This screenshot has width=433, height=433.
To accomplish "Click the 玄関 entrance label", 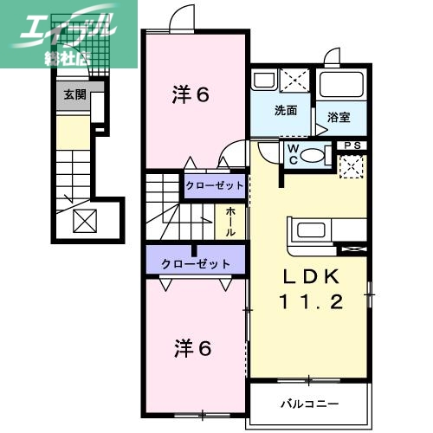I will click(74, 94).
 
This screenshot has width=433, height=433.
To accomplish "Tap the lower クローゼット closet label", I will click(196, 262).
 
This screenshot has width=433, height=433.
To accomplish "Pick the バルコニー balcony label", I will click(309, 404).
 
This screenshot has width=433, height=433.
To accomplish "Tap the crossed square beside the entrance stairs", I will click(84, 222).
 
